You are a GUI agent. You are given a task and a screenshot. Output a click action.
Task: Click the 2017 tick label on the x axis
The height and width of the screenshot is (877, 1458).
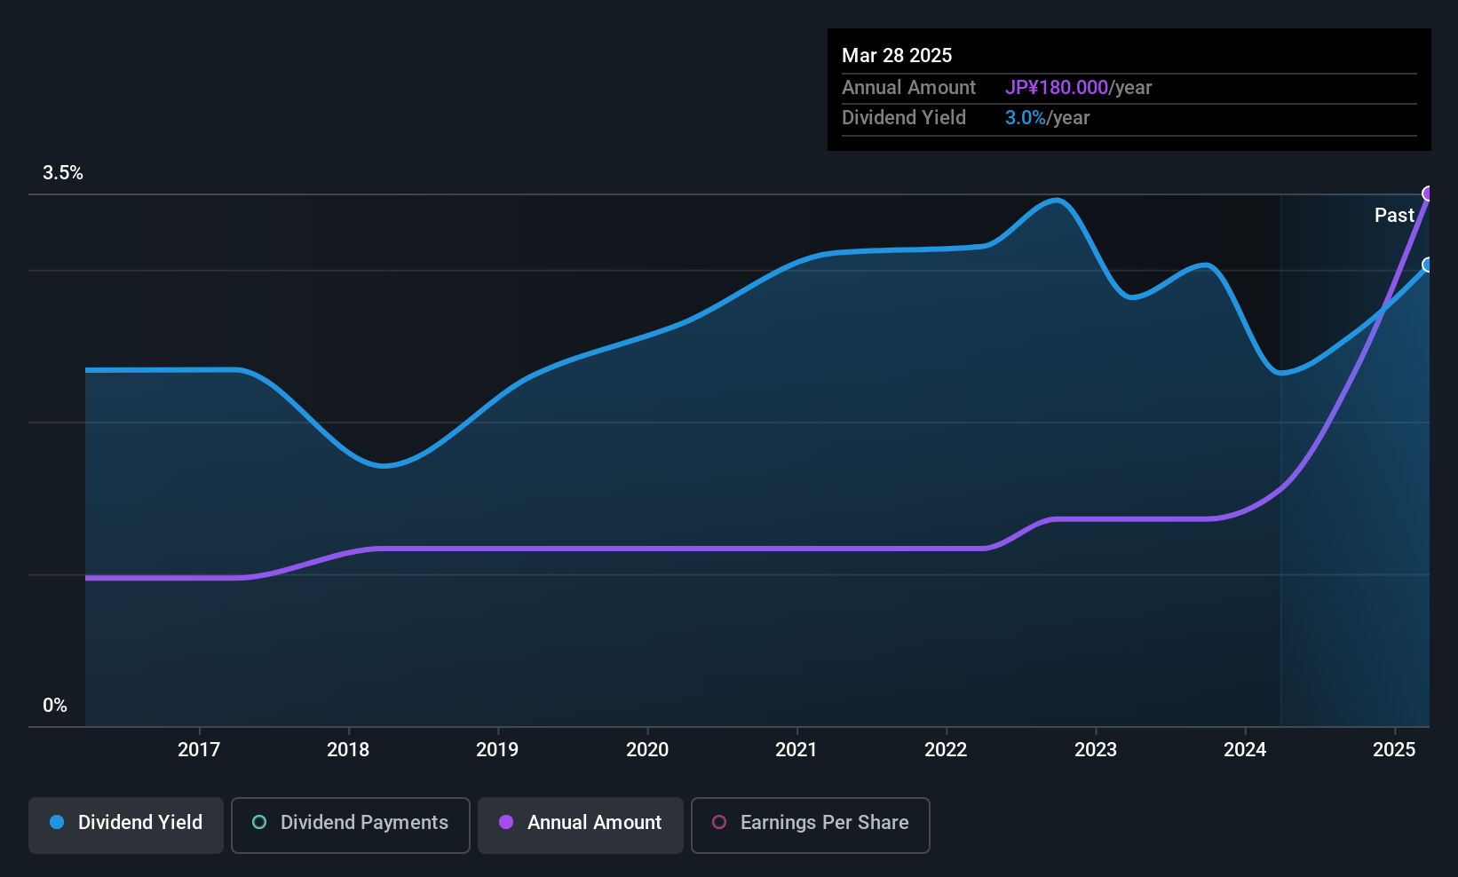pos(198,749)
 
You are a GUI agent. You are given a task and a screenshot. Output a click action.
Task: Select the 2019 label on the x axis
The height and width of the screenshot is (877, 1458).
pos(497,749)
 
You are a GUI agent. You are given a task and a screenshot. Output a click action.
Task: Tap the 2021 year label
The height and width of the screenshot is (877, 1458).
pos(796,749)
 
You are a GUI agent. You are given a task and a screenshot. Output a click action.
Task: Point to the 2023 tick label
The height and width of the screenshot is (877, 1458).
pos(1095,749)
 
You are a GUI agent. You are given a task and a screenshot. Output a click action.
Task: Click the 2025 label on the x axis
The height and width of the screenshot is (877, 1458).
pos(1394,749)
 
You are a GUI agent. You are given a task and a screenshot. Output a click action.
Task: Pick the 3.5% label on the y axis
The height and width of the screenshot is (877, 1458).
pos(63,173)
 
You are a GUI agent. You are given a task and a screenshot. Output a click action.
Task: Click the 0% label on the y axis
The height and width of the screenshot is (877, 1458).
pos(55,706)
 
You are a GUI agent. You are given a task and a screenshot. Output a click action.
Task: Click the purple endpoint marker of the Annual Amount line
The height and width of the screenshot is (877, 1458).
pos(1428,194)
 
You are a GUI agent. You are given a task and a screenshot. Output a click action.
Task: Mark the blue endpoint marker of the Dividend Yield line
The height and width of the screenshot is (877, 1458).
pos(1428,265)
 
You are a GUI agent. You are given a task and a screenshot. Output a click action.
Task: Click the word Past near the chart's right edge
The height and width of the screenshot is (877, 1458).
pos(1394,215)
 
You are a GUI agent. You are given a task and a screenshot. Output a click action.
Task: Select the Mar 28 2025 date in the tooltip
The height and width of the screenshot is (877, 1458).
pos(897,55)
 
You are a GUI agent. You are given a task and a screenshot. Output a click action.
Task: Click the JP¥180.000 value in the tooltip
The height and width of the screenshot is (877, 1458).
pos(1057,87)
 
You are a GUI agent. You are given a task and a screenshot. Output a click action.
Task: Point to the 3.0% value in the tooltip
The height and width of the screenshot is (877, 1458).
pos(1025,117)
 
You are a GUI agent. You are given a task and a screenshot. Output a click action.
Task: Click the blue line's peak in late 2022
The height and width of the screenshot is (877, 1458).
pos(1056,200)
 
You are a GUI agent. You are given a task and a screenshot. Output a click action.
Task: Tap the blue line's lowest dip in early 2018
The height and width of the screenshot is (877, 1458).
pos(383,465)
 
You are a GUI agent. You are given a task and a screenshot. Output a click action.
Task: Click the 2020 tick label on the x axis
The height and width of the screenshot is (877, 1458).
pos(647,749)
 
